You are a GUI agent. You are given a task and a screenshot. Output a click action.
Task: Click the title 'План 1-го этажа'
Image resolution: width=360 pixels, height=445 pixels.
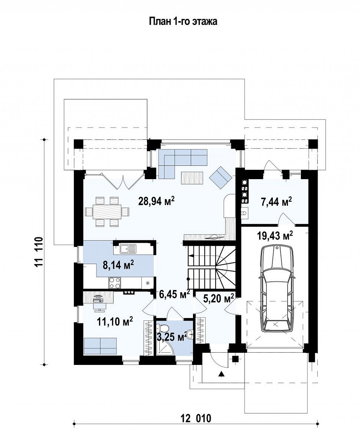click(183, 21)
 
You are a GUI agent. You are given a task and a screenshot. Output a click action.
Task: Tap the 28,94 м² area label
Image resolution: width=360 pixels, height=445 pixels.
click(156, 201)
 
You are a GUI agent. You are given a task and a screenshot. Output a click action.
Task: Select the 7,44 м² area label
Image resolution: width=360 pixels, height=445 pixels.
click(276, 202)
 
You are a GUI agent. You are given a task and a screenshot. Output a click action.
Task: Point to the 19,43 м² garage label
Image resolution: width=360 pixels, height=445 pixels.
click(275, 236)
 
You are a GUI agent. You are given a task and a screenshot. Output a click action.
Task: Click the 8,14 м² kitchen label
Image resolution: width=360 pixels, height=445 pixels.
click(118, 265)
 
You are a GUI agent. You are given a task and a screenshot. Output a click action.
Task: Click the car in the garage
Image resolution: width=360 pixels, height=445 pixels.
click(276, 291)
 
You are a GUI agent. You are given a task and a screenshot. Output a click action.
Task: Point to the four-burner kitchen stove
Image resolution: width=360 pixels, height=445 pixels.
click(115, 283)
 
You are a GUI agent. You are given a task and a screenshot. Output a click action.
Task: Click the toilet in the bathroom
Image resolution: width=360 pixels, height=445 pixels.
click(162, 329)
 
